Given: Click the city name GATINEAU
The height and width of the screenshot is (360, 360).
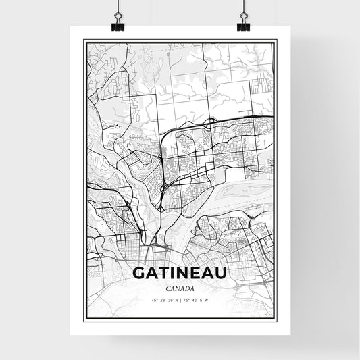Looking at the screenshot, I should (x=180, y=273).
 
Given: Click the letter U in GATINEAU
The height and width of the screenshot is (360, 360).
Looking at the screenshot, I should (x=220, y=273).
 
